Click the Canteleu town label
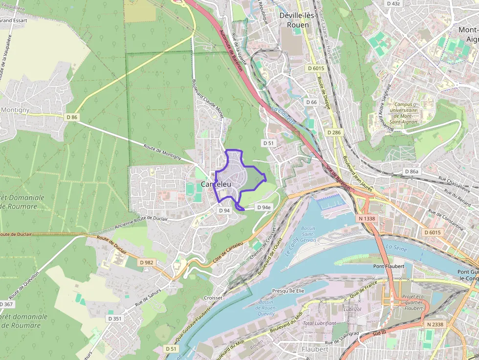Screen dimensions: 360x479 [216, 184]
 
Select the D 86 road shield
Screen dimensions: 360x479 [72, 117]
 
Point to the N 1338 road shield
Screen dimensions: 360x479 [366, 218]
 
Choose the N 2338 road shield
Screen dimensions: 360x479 [435, 324]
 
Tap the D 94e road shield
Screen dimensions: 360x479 [263, 207]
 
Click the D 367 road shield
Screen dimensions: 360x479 [6, 304]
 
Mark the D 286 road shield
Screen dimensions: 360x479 [335, 132]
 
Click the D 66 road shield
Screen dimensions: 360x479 [311, 102]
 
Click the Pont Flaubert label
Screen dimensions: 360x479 [389, 266]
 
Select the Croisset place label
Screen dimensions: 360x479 [214, 297]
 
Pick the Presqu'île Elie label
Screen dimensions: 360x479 [288, 291]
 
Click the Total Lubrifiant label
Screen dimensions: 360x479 [319, 323]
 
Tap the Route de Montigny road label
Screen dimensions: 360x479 [162, 152]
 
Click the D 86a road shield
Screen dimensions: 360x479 [412, 171]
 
